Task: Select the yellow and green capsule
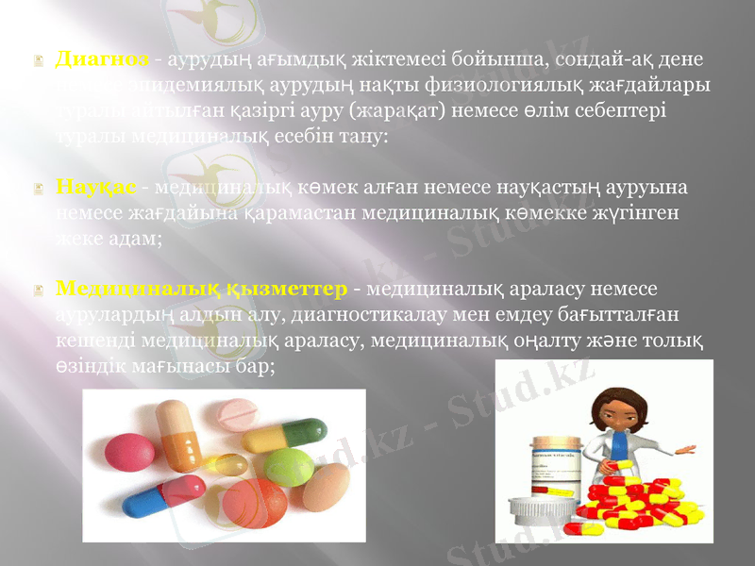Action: [x=269, y=436]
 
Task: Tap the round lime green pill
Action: [x=288, y=466]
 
